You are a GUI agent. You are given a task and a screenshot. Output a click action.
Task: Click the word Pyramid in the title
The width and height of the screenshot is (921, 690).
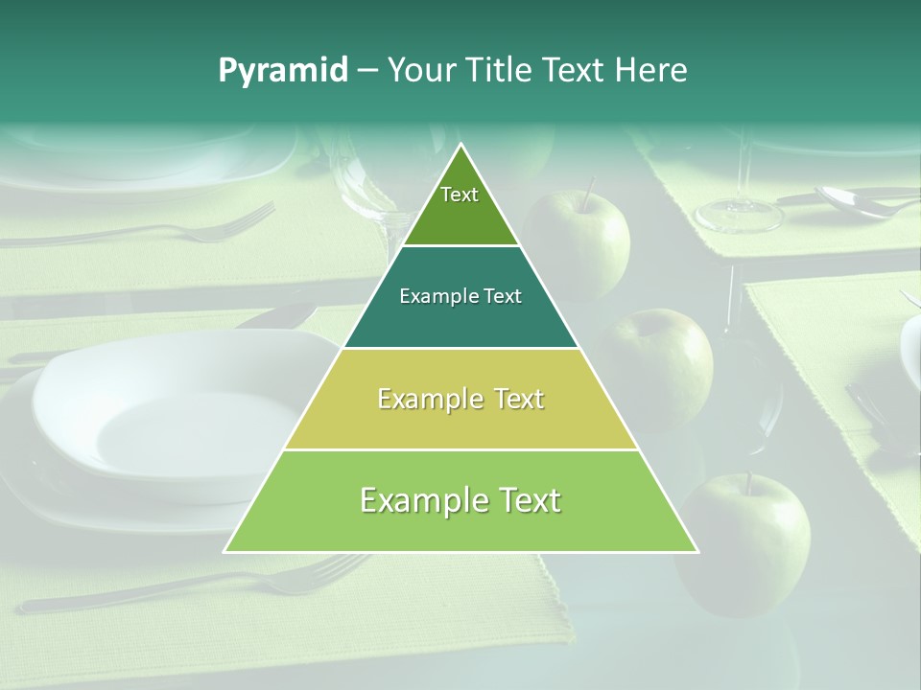pyautogui.click(x=283, y=70)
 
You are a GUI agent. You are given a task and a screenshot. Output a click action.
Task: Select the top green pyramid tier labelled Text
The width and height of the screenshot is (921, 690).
pyautogui.click(x=460, y=206)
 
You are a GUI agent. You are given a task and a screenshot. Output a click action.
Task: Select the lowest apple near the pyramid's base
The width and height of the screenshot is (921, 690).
pyautogui.click(x=748, y=541)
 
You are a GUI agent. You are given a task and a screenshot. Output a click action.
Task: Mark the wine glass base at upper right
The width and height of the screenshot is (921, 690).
pyautogui.click(x=739, y=217)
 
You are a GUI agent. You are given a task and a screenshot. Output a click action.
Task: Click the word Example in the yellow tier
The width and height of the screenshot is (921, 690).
pyautogui.click(x=418, y=399)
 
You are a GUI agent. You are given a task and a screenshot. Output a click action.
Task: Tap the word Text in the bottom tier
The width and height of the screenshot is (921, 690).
pyautogui.click(x=522, y=501)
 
